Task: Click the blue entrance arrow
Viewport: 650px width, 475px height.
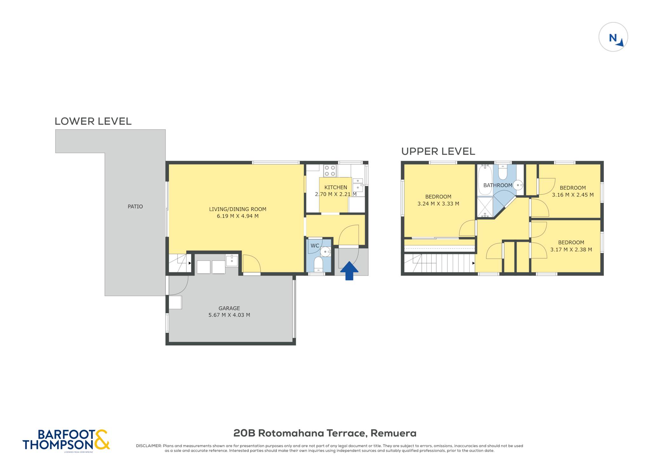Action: tap(349, 271)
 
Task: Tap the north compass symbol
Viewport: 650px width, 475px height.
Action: tap(613, 37)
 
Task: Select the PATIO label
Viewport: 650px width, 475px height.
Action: tap(135, 206)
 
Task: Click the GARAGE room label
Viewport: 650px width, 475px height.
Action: tap(229, 308)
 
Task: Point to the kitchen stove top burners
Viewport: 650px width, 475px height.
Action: tap(330, 171)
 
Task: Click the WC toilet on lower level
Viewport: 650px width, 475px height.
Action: tap(318, 264)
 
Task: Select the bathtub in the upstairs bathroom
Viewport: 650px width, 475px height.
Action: tap(485, 180)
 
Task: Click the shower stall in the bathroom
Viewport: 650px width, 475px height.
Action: tap(485, 207)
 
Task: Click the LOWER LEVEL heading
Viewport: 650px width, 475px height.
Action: tap(93, 121)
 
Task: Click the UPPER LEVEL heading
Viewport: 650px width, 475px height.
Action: tap(438, 151)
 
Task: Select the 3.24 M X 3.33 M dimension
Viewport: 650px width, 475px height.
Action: tap(438, 203)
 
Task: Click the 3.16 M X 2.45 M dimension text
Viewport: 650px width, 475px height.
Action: tap(573, 195)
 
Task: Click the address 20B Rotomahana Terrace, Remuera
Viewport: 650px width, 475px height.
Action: tap(325, 433)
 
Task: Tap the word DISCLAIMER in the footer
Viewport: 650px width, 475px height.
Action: tap(149, 446)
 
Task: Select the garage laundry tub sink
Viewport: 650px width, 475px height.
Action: tap(232, 261)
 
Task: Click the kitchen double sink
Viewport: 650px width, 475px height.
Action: tap(358, 185)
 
